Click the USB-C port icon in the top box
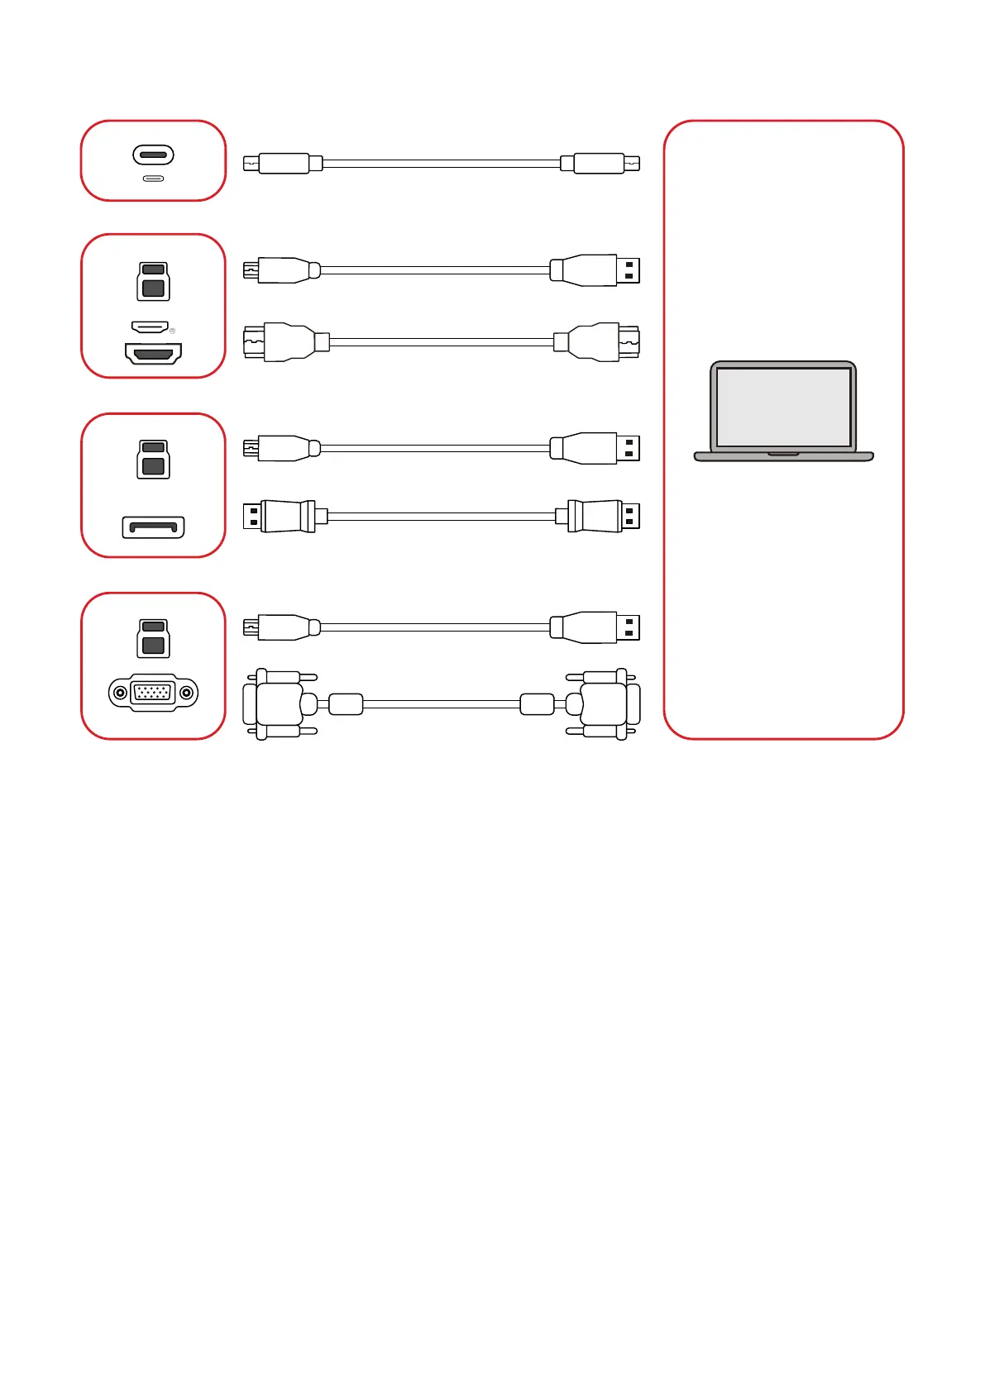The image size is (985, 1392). [153, 155]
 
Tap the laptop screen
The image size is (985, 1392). [783, 407]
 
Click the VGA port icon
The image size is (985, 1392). [153, 693]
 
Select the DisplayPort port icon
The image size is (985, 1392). [153, 527]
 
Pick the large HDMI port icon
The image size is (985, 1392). [153, 354]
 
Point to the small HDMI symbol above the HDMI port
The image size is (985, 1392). [151, 327]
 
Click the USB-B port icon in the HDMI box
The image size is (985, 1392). [153, 281]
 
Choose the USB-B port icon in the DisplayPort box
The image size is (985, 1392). [153, 459]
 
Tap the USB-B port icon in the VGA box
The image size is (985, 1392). [153, 638]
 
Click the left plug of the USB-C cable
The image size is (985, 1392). [281, 164]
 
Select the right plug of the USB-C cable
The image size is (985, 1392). [600, 164]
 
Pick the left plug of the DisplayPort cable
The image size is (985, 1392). [281, 517]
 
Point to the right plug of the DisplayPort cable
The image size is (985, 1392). [600, 517]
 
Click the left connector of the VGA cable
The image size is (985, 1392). [277, 704]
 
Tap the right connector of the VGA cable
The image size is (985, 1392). [605, 704]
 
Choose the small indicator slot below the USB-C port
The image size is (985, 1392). [153, 179]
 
